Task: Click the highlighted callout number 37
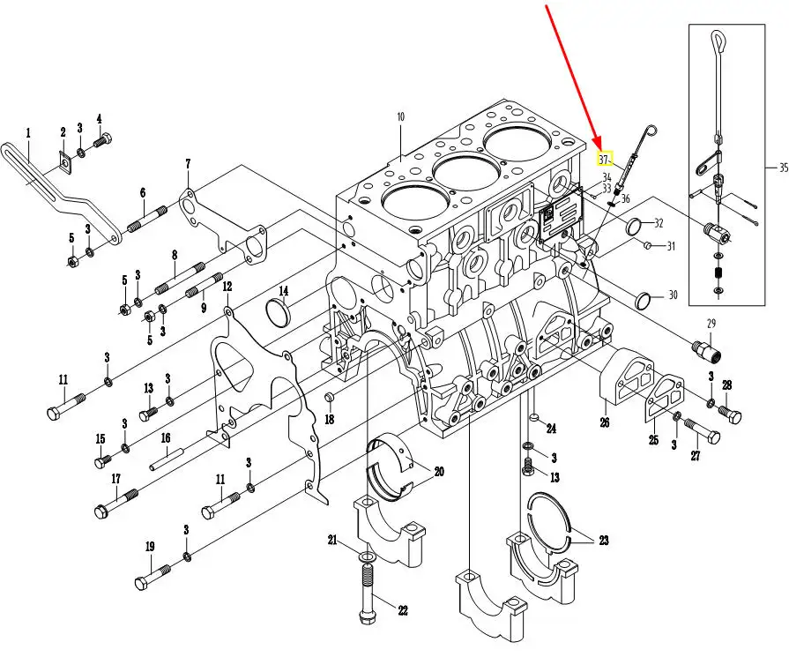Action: pyautogui.click(x=604, y=160)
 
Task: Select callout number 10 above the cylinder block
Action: pyautogui.click(x=400, y=116)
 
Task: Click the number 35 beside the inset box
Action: pyautogui.click(x=783, y=167)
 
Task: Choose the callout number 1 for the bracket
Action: pyautogui.click(x=27, y=133)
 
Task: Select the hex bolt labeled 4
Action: pyautogui.click(x=102, y=138)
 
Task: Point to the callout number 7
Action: pyautogui.click(x=188, y=164)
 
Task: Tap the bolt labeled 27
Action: pyautogui.click(x=703, y=432)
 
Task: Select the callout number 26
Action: pyautogui.click(x=605, y=422)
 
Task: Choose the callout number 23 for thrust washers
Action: pyautogui.click(x=603, y=541)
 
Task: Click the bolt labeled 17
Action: pyautogui.click(x=115, y=503)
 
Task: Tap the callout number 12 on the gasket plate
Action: pyautogui.click(x=227, y=287)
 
